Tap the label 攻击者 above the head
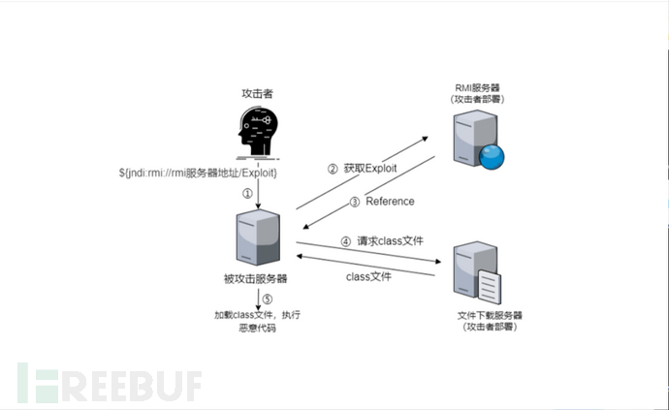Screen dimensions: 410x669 256,93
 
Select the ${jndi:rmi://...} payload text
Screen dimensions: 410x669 200,172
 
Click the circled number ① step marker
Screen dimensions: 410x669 246,193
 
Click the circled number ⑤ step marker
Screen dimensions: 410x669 268,300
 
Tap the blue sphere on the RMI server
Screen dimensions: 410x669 498,156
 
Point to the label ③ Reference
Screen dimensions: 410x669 382,202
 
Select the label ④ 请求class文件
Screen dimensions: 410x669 377,241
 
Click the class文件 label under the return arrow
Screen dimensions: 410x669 369,277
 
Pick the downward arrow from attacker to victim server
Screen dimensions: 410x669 259,194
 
